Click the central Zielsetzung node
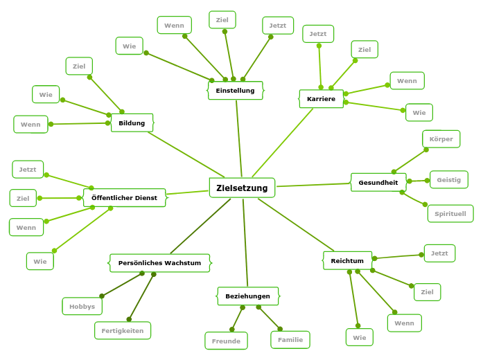(x=242, y=188)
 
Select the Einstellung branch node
(x=236, y=91)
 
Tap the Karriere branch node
(x=321, y=99)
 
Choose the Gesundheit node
(x=378, y=183)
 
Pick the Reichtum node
(x=347, y=260)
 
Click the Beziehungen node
(x=247, y=296)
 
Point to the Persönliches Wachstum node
(x=159, y=263)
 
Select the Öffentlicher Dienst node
(x=124, y=198)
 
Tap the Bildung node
(x=132, y=123)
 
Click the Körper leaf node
(x=441, y=139)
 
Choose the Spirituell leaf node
(x=450, y=214)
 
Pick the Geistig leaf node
(x=449, y=180)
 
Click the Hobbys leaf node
(x=82, y=306)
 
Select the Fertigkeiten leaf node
(x=123, y=331)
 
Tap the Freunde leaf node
(x=226, y=341)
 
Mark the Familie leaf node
(x=290, y=340)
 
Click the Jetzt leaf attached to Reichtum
(x=439, y=253)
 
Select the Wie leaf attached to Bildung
(x=46, y=94)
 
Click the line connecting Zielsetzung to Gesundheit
(x=313, y=185)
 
